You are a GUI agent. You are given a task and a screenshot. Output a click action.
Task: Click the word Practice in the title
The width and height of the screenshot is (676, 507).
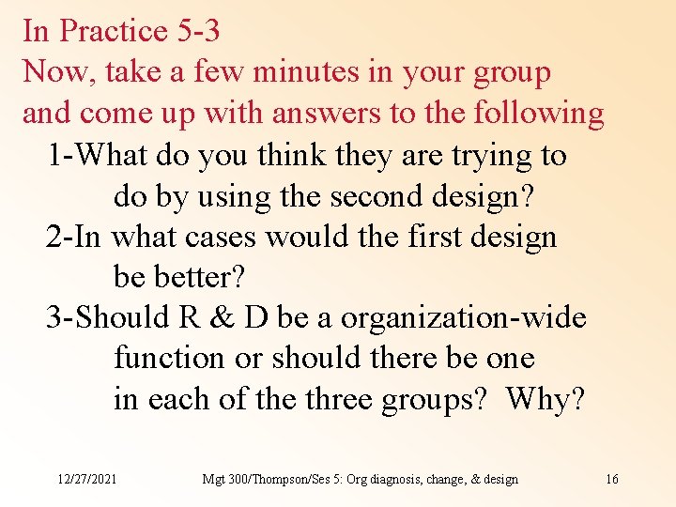tap(114, 31)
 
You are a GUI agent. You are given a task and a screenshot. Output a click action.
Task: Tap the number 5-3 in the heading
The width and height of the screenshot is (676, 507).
tap(198, 31)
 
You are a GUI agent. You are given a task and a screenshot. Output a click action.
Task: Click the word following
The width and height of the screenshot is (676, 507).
tap(539, 113)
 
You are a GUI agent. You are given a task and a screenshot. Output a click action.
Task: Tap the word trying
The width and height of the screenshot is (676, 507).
tap(484, 154)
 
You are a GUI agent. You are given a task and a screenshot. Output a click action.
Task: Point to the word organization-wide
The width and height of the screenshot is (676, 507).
tap(463, 318)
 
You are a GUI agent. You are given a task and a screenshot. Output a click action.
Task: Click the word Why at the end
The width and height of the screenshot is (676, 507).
tap(544, 400)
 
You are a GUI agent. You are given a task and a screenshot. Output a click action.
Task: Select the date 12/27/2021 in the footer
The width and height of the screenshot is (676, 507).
tap(86, 479)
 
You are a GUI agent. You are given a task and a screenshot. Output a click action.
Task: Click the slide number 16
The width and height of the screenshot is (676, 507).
tap(612, 479)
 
